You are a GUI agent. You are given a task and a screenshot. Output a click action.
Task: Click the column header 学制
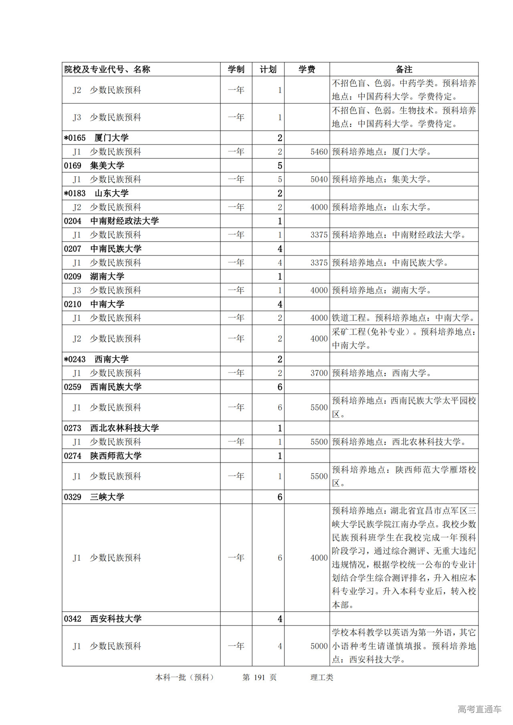pyautogui.click(x=236, y=69)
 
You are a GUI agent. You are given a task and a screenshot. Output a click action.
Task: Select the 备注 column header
pyautogui.click(x=404, y=69)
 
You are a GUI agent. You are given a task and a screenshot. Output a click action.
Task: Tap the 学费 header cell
pyautogui.click(x=307, y=69)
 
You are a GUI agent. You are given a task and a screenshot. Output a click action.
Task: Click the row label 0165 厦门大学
pyautogui.click(x=96, y=138)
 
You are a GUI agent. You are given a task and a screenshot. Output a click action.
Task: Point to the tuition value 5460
pyautogui.click(x=319, y=152)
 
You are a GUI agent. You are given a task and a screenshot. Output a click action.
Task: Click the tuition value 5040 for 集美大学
pyautogui.click(x=319, y=179)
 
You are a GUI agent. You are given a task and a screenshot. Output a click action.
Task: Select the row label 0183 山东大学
pyautogui.click(x=96, y=193)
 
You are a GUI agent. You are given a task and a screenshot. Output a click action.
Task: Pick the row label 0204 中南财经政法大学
pyautogui.click(x=111, y=221)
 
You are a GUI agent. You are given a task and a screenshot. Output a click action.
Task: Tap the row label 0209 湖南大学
pyautogui.click(x=94, y=276)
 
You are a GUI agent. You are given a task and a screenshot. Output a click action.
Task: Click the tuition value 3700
pyautogui.click(x=319, y=373)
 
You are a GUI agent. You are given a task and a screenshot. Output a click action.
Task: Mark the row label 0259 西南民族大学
pyautogui.click(x=103, y=387)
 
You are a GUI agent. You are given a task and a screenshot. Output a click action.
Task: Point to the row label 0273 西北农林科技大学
pyautogui.click(x=111, y=428)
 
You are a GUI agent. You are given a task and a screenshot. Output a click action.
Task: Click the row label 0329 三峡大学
pyautogui.click(x=94, y=497)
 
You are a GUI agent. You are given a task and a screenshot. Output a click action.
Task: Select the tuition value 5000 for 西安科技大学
pyautogui.click(x=319, y=646)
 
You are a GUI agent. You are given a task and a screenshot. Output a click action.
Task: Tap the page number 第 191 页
pyautogui.click(x=259, y=677)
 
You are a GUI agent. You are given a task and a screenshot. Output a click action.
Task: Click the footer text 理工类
pyautogui.click(x=321, y=677)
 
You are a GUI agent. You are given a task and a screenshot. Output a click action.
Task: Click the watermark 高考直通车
pyautogui.click(x=479, y=709)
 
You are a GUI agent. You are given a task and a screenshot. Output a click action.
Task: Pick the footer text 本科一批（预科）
pyautogui.click(x=185, y=677)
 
